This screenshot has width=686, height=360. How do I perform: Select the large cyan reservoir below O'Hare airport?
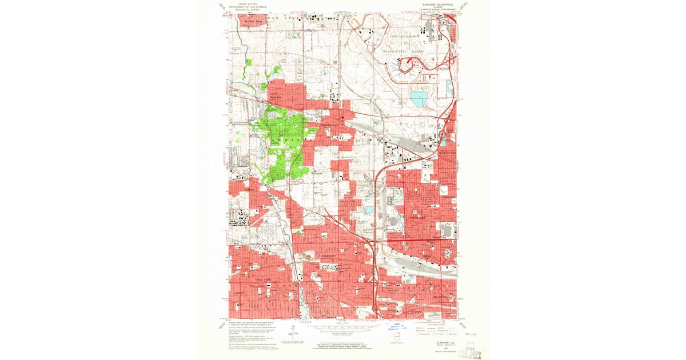point(418,99)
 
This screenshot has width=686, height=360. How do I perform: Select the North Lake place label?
point(417,218)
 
